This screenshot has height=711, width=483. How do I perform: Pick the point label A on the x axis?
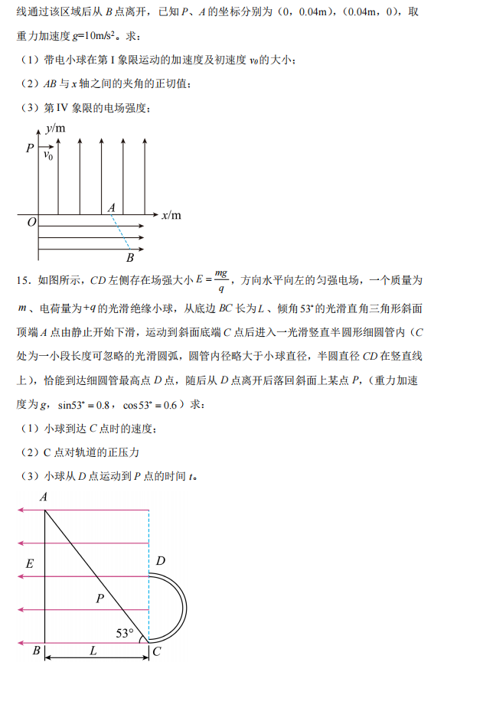click(x=112, y=207)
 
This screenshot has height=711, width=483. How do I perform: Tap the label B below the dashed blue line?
click(x=130, y=257)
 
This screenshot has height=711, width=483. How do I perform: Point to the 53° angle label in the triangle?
click(x=125, y=633)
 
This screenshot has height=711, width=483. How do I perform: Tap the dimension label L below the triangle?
click(x=93, y=651)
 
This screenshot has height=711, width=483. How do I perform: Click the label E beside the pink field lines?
click(x=30, y=564)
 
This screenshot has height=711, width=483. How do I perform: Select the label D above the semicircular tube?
click(x=160, y=562)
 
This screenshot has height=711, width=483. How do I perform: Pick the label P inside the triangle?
click(x=100, y=598)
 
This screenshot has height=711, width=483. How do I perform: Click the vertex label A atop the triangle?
click(x=44, y=497)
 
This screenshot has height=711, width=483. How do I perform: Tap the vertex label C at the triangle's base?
click(x=156, y=652)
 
